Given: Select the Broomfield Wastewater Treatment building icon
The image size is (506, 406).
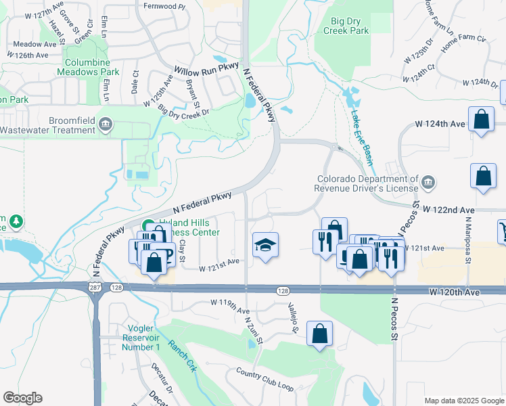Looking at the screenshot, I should (x=106, y=124).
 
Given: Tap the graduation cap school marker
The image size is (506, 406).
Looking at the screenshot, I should (x=266, y=245).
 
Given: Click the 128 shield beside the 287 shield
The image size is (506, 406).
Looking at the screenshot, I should (x=116, y=288).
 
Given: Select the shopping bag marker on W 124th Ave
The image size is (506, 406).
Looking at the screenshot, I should (x=481, y=121).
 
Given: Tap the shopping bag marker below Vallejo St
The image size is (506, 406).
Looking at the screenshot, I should (x=319, y=334).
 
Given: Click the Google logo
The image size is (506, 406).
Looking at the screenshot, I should (x=22, y=397).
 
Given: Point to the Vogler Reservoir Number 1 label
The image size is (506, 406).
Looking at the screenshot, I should (x=141, y=338).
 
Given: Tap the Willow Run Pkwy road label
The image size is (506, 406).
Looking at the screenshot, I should (x=202, y=70).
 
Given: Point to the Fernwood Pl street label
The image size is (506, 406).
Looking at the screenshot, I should (x=164, y=6).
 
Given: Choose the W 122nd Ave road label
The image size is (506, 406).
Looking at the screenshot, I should (x=450, y=210).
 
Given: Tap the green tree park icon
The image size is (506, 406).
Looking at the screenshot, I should (x=14, y=221).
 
